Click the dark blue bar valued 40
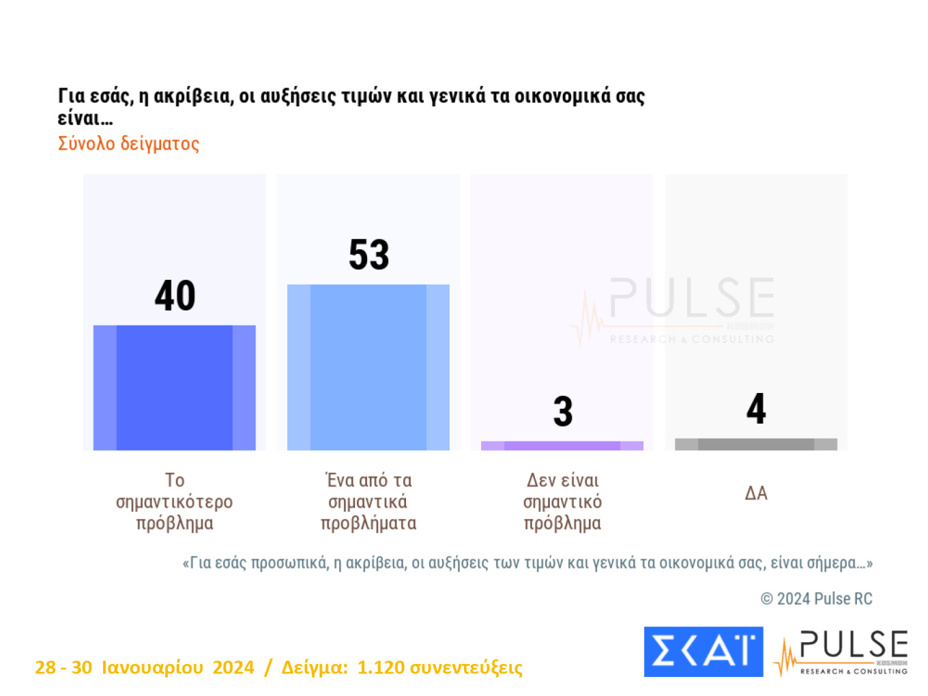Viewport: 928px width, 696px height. click(x=174, y=388)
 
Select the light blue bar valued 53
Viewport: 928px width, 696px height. click(x=368, y=367)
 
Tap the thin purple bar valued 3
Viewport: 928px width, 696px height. click(x=562, y=446)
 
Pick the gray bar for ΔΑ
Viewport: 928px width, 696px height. click(x=756, y=444)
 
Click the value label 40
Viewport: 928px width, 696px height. click(x=175, y=296)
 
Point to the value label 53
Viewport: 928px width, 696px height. click(x=369, y=255)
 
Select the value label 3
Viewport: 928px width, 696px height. click(x=563, y=411)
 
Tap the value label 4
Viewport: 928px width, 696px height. click(x=756, y=409)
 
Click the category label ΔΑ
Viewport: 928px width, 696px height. click(x=756, y=493)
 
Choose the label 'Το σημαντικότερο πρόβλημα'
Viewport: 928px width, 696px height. click(x=174, y=502)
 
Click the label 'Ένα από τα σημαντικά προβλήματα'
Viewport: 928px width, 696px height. click(x=368, y=502)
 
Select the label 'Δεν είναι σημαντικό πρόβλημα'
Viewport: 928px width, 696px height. click(x=562, y=502)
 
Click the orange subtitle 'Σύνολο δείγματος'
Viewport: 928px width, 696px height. click(x=128, y=144)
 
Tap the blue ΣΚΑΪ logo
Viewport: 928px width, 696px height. click(x=704, y=652)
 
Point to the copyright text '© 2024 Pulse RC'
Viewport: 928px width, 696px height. click(x=816, y=599)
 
